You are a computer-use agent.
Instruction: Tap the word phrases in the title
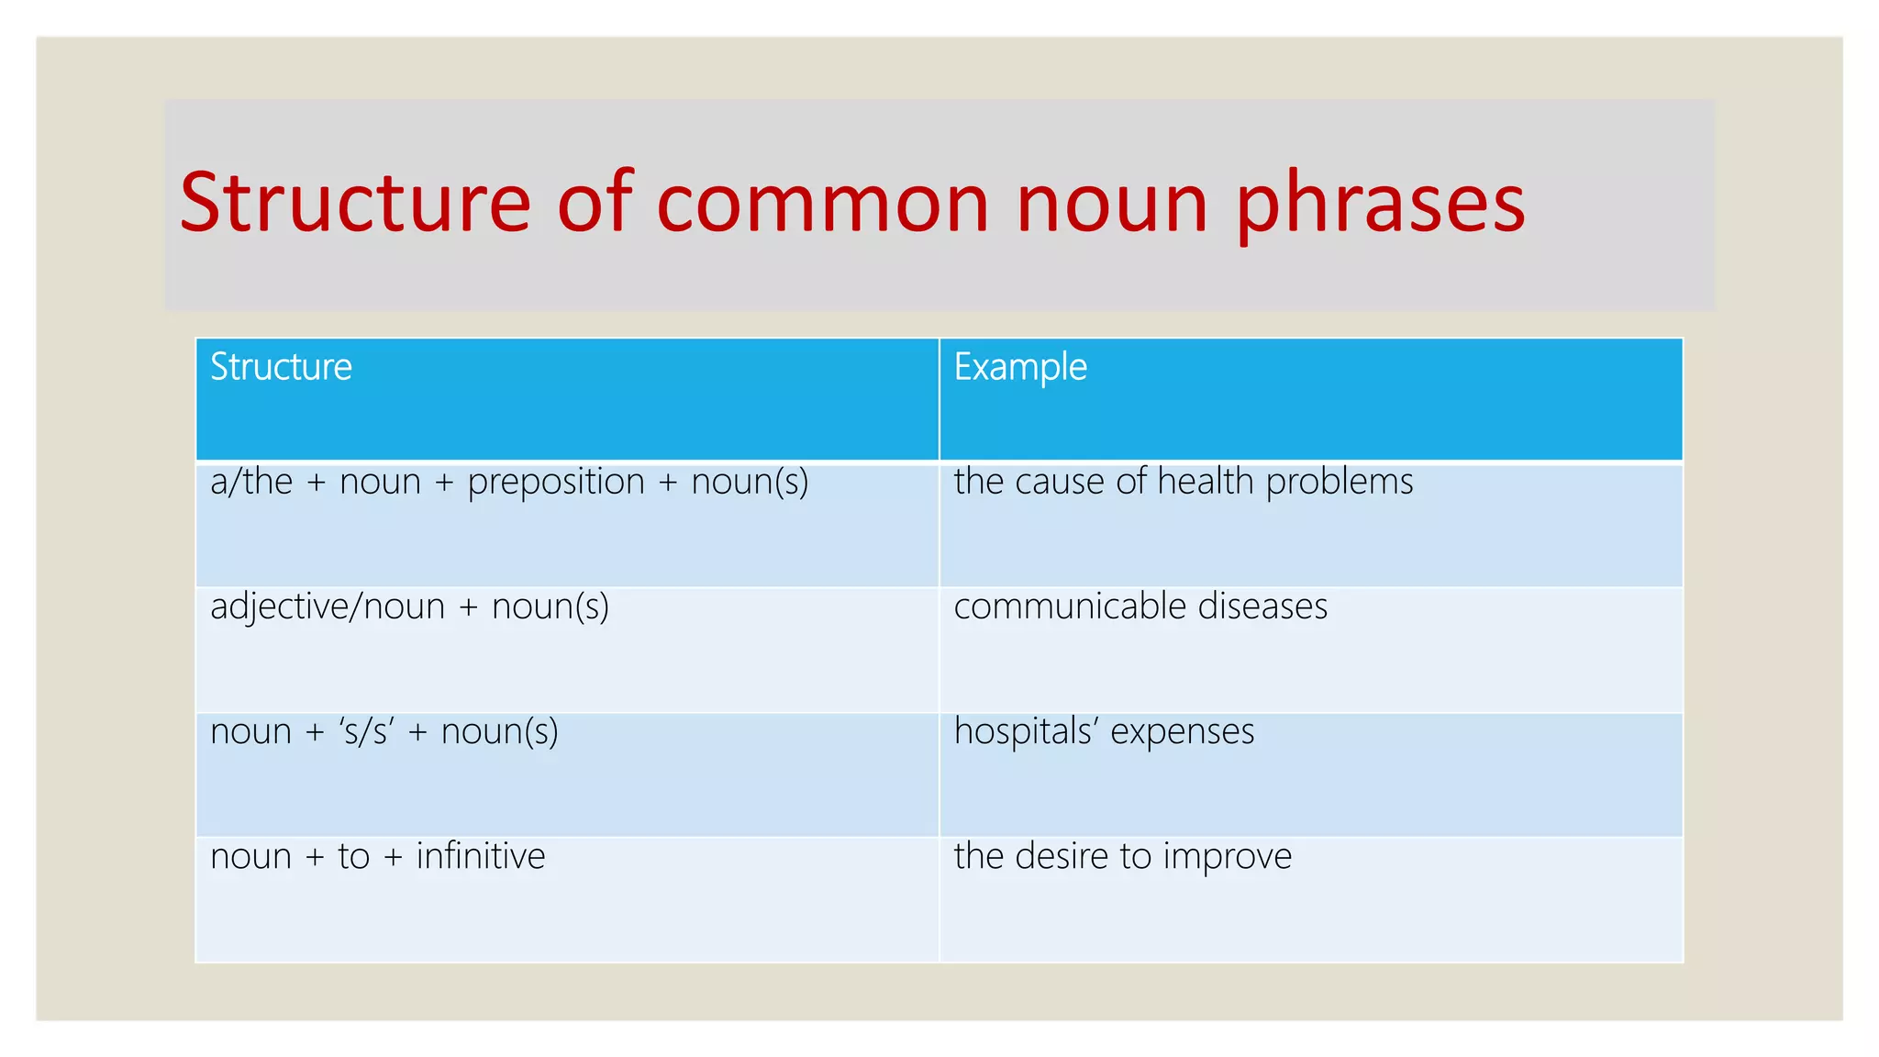[x=1380, y=207]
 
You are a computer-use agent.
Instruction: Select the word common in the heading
[x=823, y=204]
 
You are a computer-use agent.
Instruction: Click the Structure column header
[x=281, y=367]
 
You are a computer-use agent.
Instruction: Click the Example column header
[x=1020, y=367]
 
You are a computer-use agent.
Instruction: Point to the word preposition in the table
[x=556, y=483]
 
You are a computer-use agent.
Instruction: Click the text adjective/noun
[x=328, y=607]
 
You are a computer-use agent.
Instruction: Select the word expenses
[x=1182, y=732]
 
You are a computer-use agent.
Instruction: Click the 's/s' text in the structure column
[x=366, y=732]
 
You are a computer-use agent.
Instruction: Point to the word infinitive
[x=481, y=856]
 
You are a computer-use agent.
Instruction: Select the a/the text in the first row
[x=251, y=483]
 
